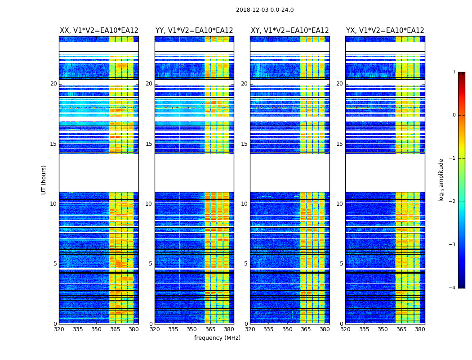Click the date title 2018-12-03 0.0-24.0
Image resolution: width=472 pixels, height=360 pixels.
(265, 10)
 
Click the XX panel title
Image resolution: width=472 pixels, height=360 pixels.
(99, 31)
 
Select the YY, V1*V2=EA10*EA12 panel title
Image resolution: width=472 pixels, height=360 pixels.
(194, 31)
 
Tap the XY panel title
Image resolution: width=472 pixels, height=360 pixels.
(290, 31)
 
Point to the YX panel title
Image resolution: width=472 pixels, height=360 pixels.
(385, 31)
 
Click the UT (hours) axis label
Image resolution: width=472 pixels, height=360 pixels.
(44, 180)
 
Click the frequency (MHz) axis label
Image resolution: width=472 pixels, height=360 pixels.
(217, 338)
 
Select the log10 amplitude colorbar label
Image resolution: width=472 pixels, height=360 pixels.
(441, 180)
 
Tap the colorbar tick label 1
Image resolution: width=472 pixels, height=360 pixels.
(454, 72)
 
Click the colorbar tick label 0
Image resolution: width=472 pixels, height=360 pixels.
(454, 115)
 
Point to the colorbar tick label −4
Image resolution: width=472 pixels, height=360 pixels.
(453, 288)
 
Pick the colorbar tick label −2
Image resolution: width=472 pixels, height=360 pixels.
(453, 202)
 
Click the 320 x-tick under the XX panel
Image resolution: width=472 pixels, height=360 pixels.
(59, 329)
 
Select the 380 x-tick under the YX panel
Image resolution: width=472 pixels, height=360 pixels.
(420, 329)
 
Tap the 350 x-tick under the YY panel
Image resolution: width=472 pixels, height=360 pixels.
(192, 329)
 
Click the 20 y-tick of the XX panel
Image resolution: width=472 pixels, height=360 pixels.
(53, 84)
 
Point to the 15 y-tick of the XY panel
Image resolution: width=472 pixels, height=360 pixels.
(244, 144)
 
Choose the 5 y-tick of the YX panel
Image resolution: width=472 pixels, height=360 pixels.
(341, 264)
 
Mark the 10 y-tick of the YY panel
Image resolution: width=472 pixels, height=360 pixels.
(149, 204)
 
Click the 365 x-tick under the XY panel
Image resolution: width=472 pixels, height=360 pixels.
(306, 329)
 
